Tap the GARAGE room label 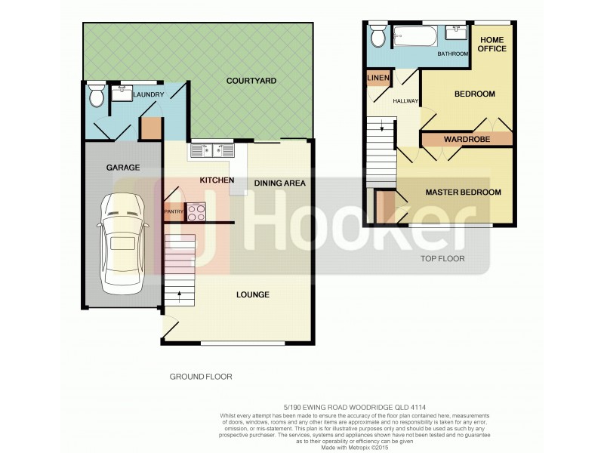pyautogui.click(x=123, y=168)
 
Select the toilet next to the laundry pyautogui.click(x=96, y=97)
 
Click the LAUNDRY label pyautogui.click(x=148, y=95)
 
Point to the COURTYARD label pyautogui.click(x=252, y=80)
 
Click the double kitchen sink pyautogui.click(x=211, y=150)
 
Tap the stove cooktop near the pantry pyautogui.click(x=196, y=213)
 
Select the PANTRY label pyautogui.click(x=174, y=212)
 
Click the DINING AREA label pyautogui.click(x=279, y=183)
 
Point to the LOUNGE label pyautogui.click(x=251, y=294)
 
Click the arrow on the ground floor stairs pyautogui.click(x=179, y=293)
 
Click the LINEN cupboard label pyautogui.click(x=377, y=78)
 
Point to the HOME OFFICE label pyautogui.click(x=493, y=44)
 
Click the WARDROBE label pyautogui.click(x=467, y=140)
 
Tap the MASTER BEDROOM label pyautogui.click(x=463, y=193)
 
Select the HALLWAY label pyautogui.click(x=405, y=101)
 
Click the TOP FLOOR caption pyautogui.click(x=442, y=259)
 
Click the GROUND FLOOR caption pyautogui.click(x=200, y=376)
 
